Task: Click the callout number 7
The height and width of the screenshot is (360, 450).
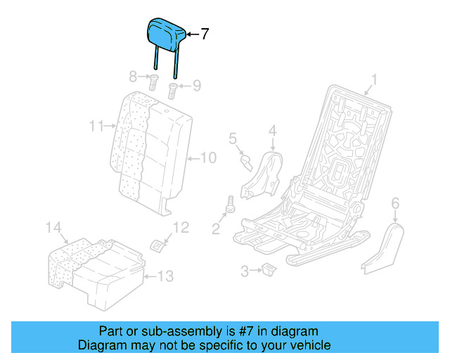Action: [x=205, y=34]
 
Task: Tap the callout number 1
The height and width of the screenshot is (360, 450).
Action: [x=374, y=79]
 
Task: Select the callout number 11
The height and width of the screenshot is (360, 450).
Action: [x=96, y=127]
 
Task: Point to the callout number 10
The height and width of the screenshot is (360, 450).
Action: [x=209, y=157]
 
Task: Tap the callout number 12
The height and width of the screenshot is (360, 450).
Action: [x=181, y=227]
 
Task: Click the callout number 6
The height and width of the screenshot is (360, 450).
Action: [x=394, y=203]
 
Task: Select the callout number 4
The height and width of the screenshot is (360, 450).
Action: [x=272, y=130]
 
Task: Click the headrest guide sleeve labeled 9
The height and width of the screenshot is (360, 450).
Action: [x=173, y=89]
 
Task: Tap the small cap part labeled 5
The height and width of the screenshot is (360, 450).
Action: [x=247, y=162]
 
